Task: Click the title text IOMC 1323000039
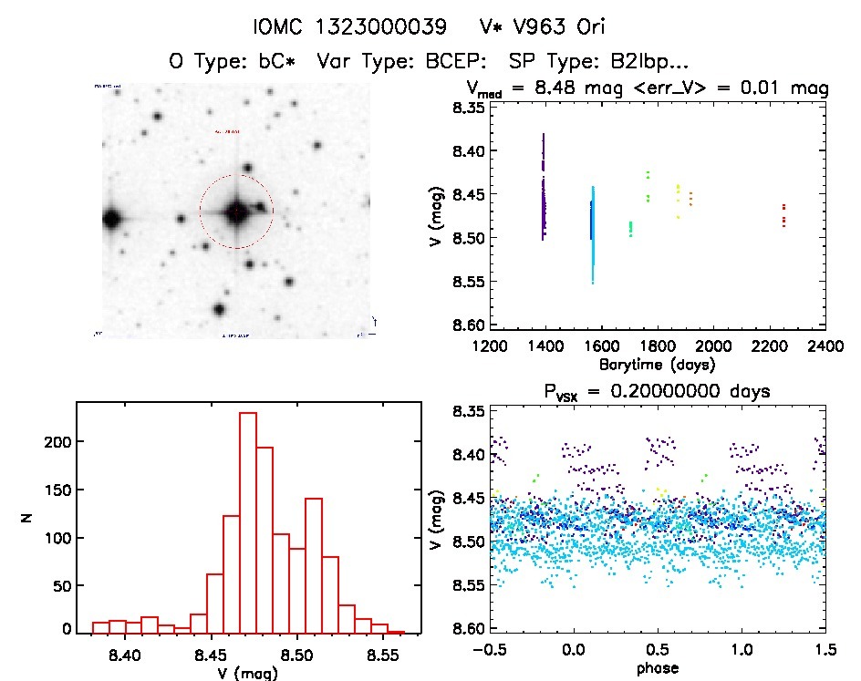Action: click(x=337, y=26)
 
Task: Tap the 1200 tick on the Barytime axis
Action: click(x=491, y=346)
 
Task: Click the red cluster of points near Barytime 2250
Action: click(x=783, y=215)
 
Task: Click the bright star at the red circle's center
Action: click(x=236, y=212)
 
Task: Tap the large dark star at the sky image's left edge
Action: click(x=112, y=219)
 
